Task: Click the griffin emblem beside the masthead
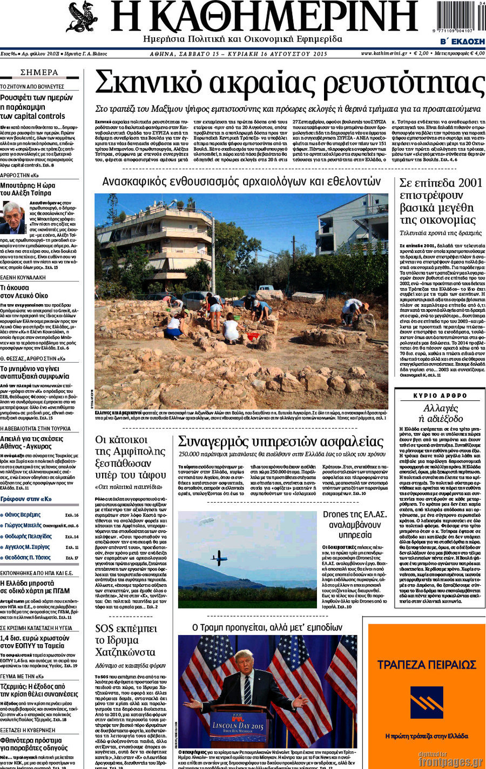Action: tap(82, 17)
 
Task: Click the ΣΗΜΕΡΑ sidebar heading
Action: tap(39, 72)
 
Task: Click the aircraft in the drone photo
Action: tap(219, 557)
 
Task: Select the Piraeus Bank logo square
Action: tap(427, 702)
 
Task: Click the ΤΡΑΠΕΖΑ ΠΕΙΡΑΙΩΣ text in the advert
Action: tap(427, 664)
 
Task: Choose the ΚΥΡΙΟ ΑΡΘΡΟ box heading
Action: tap(440, 396)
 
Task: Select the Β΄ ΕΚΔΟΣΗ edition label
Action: tap(462, 42)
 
